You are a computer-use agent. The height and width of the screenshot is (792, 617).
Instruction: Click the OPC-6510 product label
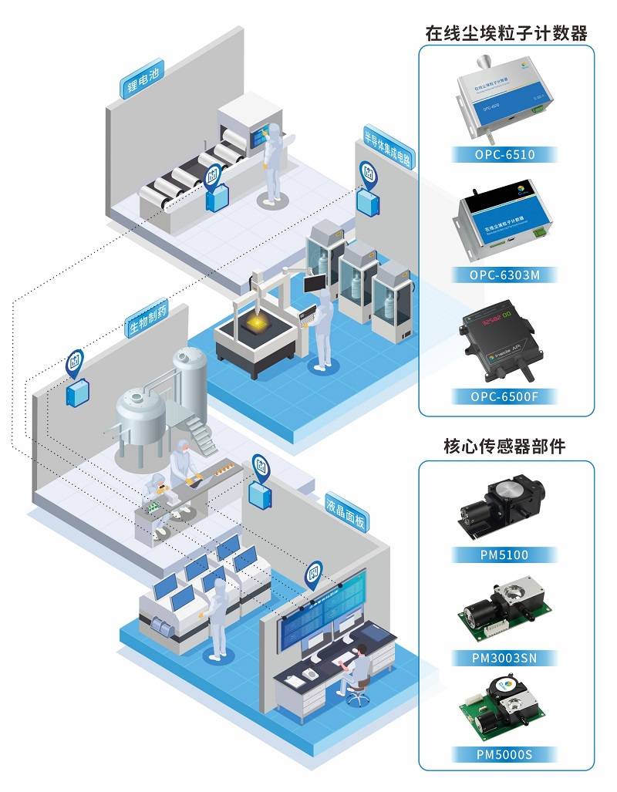pos(505,154)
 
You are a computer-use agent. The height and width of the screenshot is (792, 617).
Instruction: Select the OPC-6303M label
pos(505,275)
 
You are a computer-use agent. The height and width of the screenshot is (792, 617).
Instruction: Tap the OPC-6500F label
pos(505,397)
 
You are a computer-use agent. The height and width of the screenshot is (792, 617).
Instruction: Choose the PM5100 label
pos(505,554)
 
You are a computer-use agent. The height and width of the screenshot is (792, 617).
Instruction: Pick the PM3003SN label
pos(505,659)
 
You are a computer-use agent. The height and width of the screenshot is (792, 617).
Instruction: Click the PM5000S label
pos(505,754)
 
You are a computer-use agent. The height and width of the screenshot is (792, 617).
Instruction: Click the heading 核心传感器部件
pos(505,446)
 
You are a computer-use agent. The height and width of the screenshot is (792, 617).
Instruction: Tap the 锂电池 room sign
pos(142,79)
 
